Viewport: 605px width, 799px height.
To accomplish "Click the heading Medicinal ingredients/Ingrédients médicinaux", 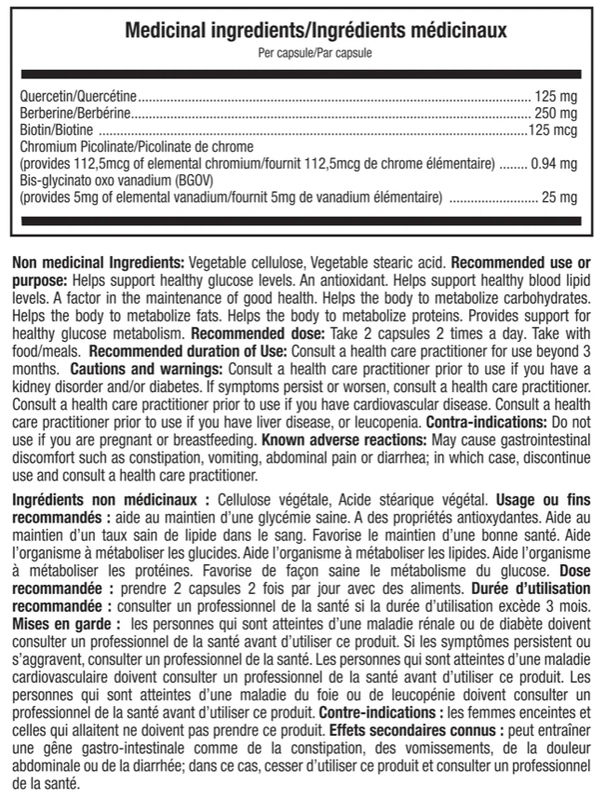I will tap(302, 30).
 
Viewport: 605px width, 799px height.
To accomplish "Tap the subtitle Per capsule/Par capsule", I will tap(302, 53).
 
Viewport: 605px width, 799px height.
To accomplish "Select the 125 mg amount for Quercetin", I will tap(557, 96).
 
